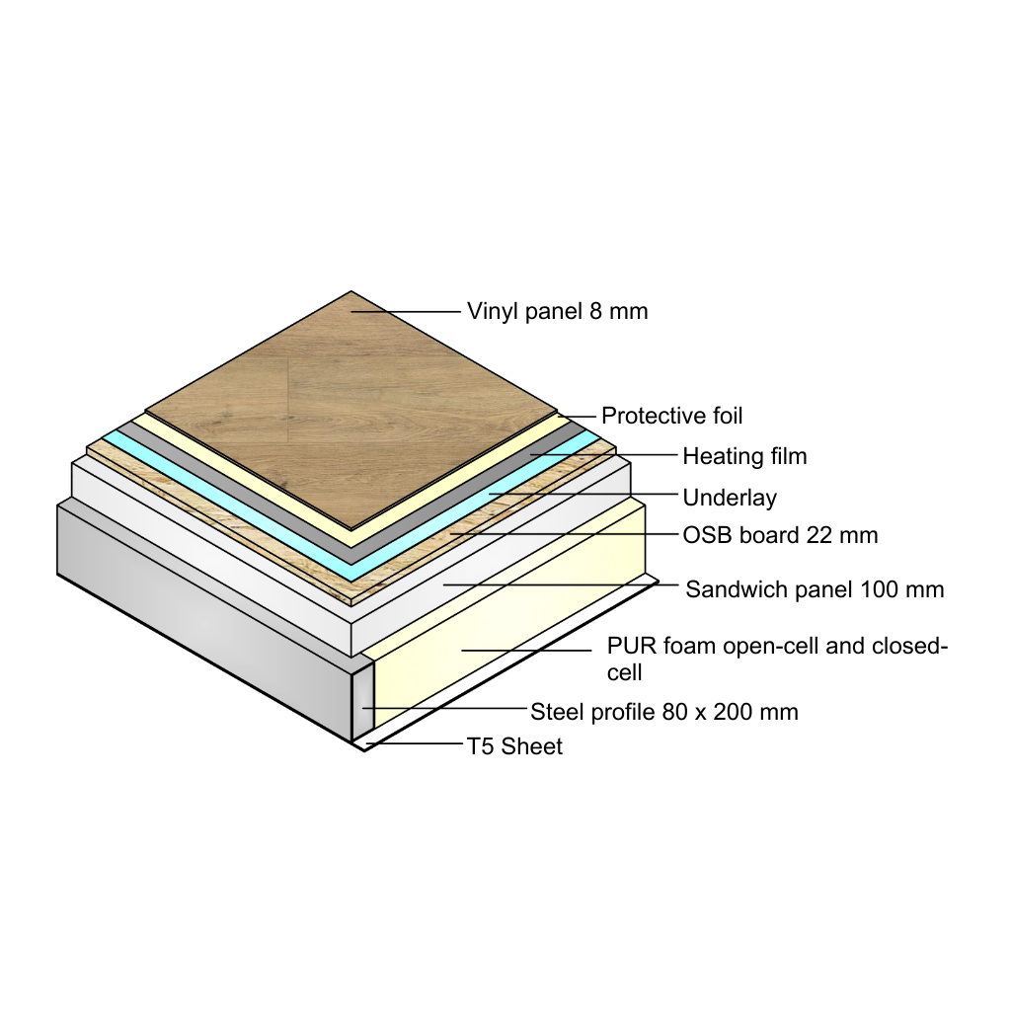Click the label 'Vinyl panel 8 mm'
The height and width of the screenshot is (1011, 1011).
tap(557, 312)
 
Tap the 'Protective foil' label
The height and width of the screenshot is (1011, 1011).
tap(671, 416)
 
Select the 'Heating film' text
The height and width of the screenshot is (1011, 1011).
tap(744, 456)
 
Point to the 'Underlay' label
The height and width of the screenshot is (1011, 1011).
tap(730, 498)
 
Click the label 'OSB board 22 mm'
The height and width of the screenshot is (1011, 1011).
tap(780, 536)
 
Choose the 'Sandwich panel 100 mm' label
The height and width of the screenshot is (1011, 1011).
tap(815, 590)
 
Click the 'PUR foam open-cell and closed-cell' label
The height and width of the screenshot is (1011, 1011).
tap(777, 659)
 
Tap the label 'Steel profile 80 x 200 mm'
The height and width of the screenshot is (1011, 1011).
tap(663, 712)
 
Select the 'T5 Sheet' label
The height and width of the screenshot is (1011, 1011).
tap(514, 746)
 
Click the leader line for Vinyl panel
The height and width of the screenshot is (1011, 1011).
tap(405, 312)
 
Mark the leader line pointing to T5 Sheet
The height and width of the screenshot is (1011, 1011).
tap(415, 744)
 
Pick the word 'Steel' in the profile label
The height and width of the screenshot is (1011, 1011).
tap(556, 712)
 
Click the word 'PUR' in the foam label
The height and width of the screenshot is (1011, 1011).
tap(629, 648)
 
